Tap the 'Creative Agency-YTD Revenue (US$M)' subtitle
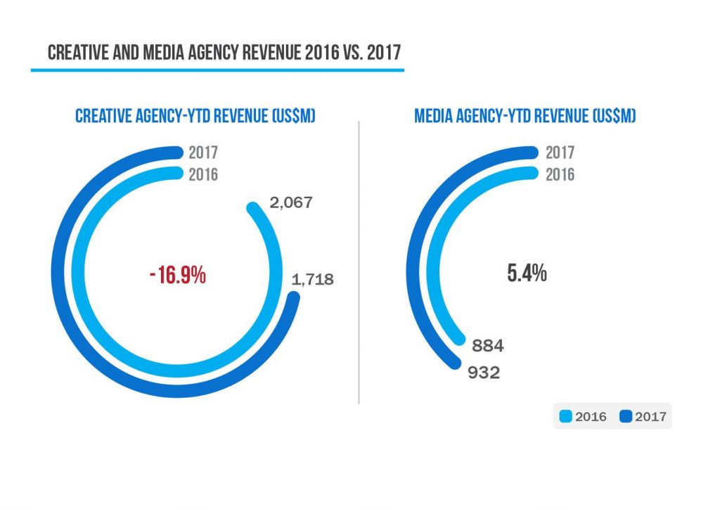point(195,115)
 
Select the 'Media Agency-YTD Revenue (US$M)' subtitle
point(525,115)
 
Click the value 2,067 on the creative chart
point(290,203)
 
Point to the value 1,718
point(312,280)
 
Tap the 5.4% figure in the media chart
point(527,273)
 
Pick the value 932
point(483,373)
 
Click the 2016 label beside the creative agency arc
point(203,174)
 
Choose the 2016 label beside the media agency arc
point(560,174)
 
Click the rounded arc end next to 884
point(461,340)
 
